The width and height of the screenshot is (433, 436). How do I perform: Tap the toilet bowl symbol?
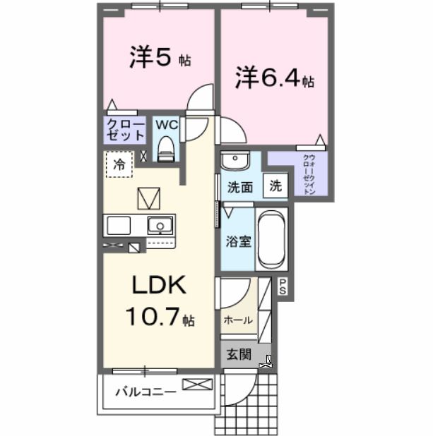point(166,147)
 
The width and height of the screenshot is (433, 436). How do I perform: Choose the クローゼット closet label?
point(125,130)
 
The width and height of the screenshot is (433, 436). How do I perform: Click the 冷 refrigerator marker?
point(119,164)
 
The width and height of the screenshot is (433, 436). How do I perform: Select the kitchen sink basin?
point(160,226)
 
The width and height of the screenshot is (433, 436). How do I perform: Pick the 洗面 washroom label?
point(240,188)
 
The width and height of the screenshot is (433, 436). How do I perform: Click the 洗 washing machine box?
point(276,188)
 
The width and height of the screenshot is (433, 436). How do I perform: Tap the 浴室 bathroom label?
point(239,241)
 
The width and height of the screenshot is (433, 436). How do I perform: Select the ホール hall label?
point(238,320)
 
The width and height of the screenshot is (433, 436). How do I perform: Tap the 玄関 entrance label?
point(239,354)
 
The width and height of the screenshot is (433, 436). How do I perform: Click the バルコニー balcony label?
point(146,392)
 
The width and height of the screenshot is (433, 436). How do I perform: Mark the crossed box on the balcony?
point(197,385)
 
